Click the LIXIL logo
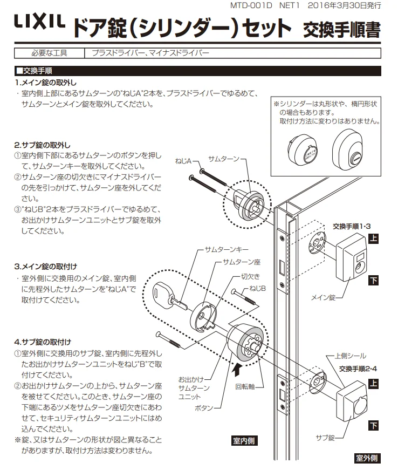[x=39, y=23]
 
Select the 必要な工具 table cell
[x=50, y=53]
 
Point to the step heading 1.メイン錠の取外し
[x=46, y=83]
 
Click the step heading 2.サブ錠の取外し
[x=43, y=145]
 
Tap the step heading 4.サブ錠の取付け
[x=43, y=342]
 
